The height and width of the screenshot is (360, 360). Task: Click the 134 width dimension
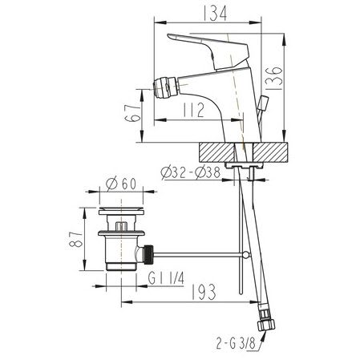[x=215, y=14]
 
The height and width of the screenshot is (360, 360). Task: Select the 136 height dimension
[x=274, y=78]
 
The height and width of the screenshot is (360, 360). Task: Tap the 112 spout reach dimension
[x=194, y=110]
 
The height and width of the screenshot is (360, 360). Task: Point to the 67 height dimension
[x=133, y=113]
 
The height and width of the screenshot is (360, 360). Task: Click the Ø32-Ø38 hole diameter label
[x=191, y=172]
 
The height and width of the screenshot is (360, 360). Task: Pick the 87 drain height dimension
[x=75, y=239]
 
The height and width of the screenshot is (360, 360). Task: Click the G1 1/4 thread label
[x=166, y=278]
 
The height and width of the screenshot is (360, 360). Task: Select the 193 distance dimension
[x=204, y=292]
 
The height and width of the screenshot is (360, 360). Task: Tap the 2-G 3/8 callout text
[x=236, y=343]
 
